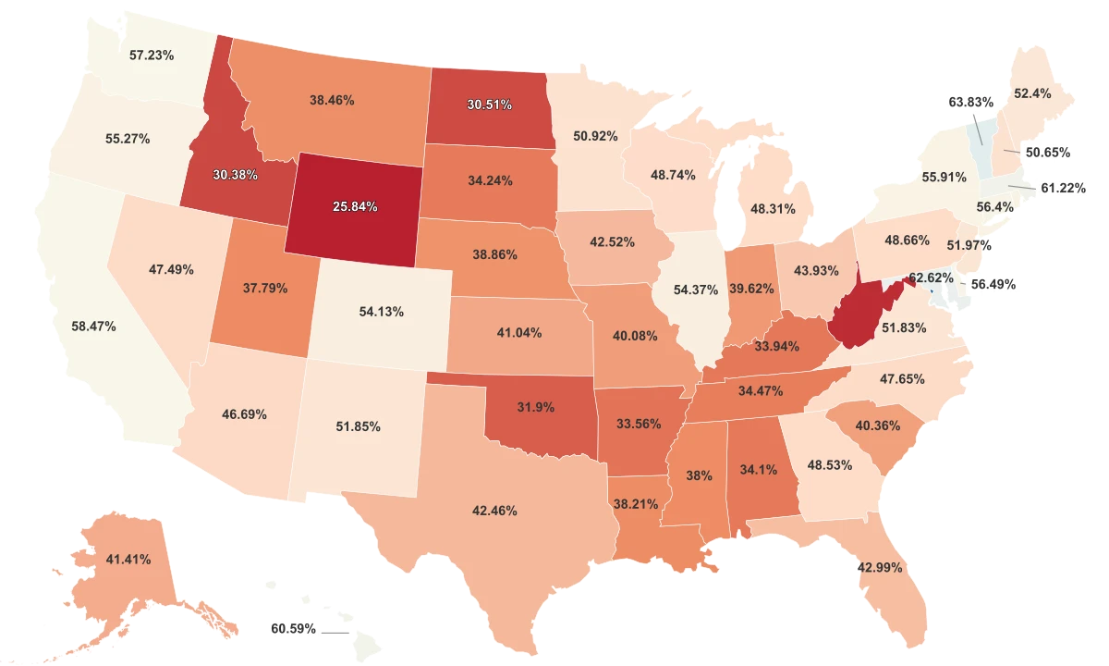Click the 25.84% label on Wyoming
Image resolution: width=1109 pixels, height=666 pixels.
tap(355, 206)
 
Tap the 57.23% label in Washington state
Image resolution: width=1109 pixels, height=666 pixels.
tap(152, 55)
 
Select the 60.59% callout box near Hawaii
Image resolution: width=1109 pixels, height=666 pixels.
tap(293, 629)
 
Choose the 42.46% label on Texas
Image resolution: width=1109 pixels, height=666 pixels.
tap(494, 510)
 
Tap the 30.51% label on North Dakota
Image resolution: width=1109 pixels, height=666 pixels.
tap(489, 105)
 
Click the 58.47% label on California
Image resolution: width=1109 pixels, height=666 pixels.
tap(94, 327)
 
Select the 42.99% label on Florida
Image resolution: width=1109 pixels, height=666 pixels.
tap(880, 567)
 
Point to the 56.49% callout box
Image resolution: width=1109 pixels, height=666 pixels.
tap(993, 285)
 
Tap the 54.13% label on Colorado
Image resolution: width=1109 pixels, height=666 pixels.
tap(381, 312)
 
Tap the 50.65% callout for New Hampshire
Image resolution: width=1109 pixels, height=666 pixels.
tap(1047, 152)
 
